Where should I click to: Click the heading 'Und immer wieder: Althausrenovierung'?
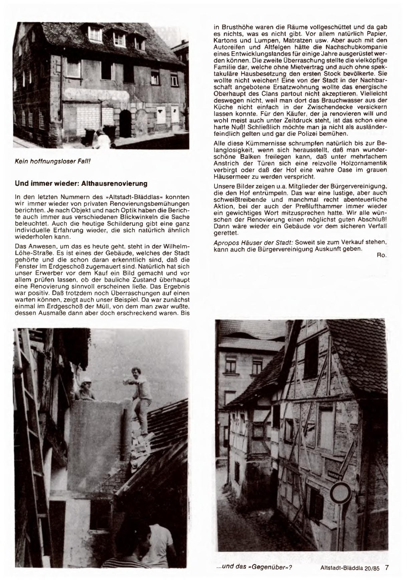81,184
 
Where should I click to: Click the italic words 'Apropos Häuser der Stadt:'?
253,242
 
